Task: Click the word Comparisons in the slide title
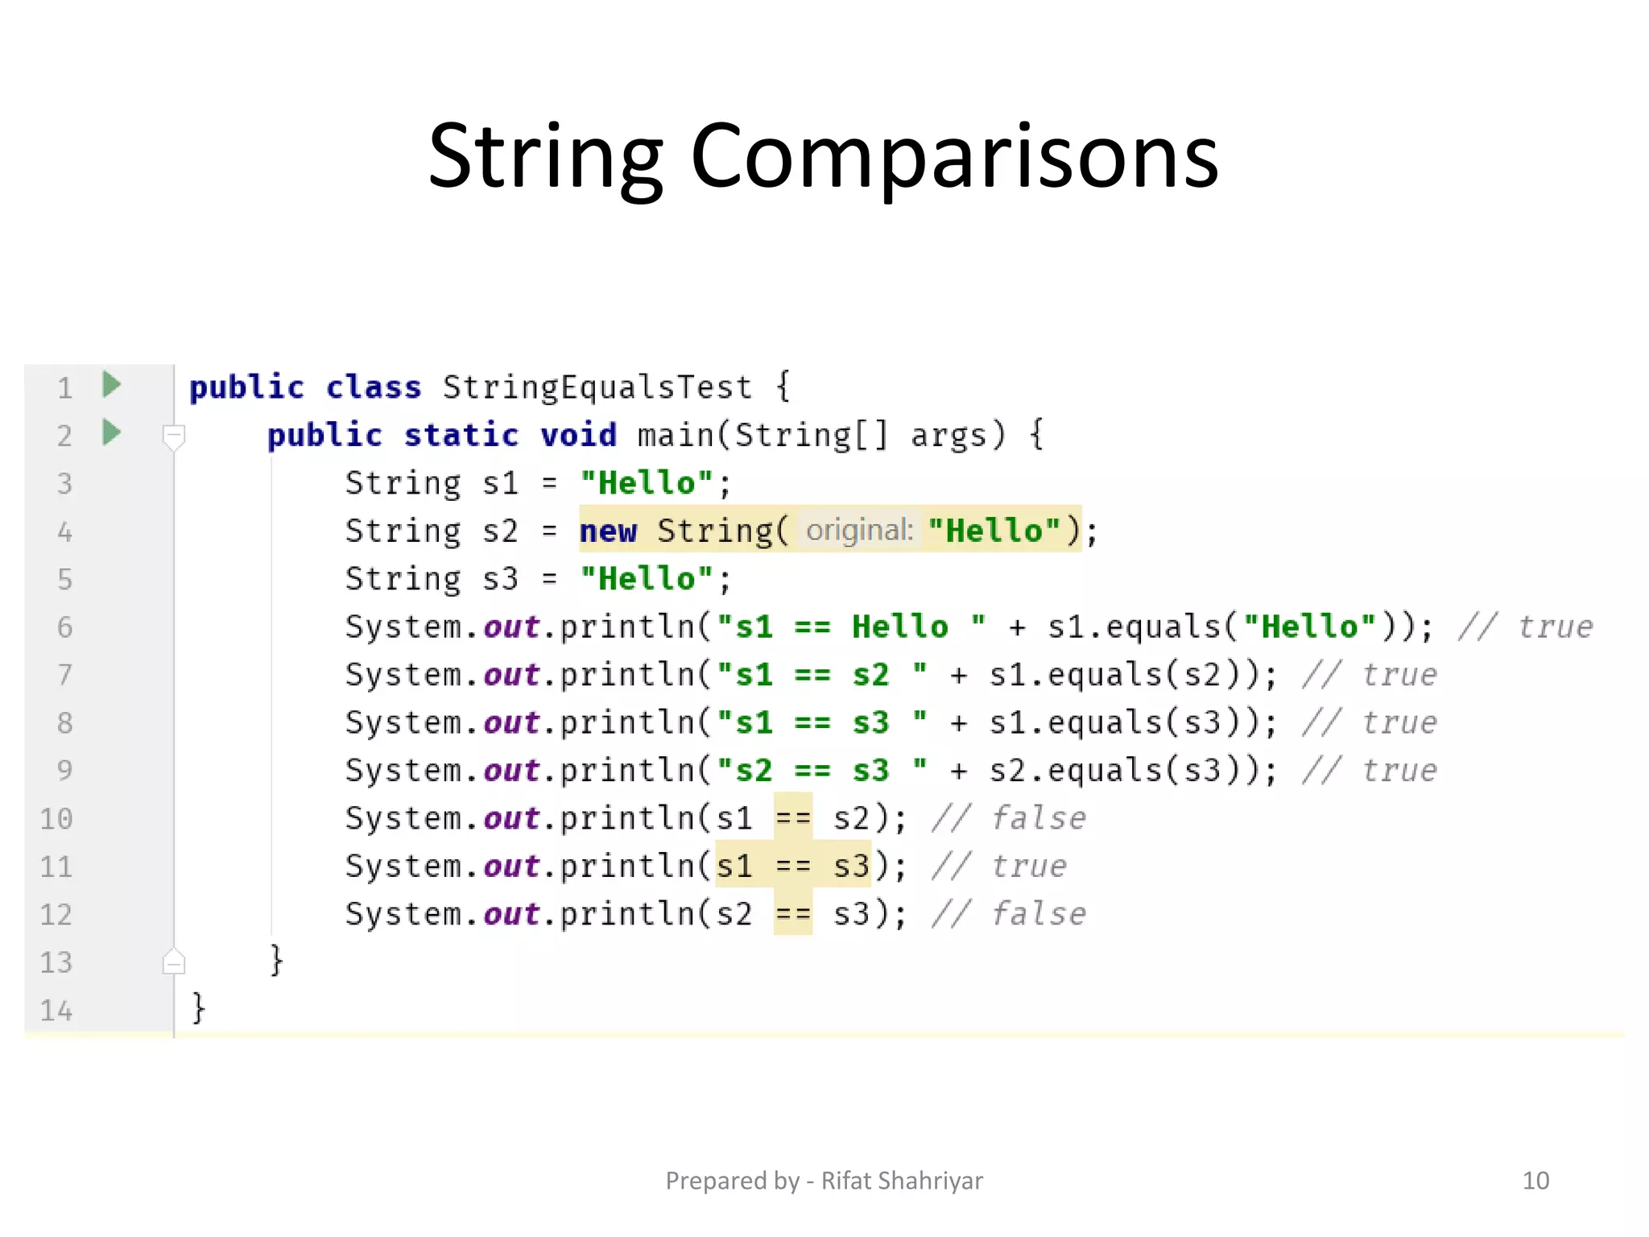954,156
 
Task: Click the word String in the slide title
546,156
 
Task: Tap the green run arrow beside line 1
112,385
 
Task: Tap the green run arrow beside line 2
112,433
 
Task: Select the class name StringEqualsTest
597,387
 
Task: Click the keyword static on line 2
461,436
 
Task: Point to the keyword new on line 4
608,532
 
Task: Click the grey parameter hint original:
859,531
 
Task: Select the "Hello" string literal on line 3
647,483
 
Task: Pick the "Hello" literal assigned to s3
647,579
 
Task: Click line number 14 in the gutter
56,1010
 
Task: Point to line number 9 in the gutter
64,771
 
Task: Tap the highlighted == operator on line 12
793,914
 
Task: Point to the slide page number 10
1535,1181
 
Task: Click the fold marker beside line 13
174,962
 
